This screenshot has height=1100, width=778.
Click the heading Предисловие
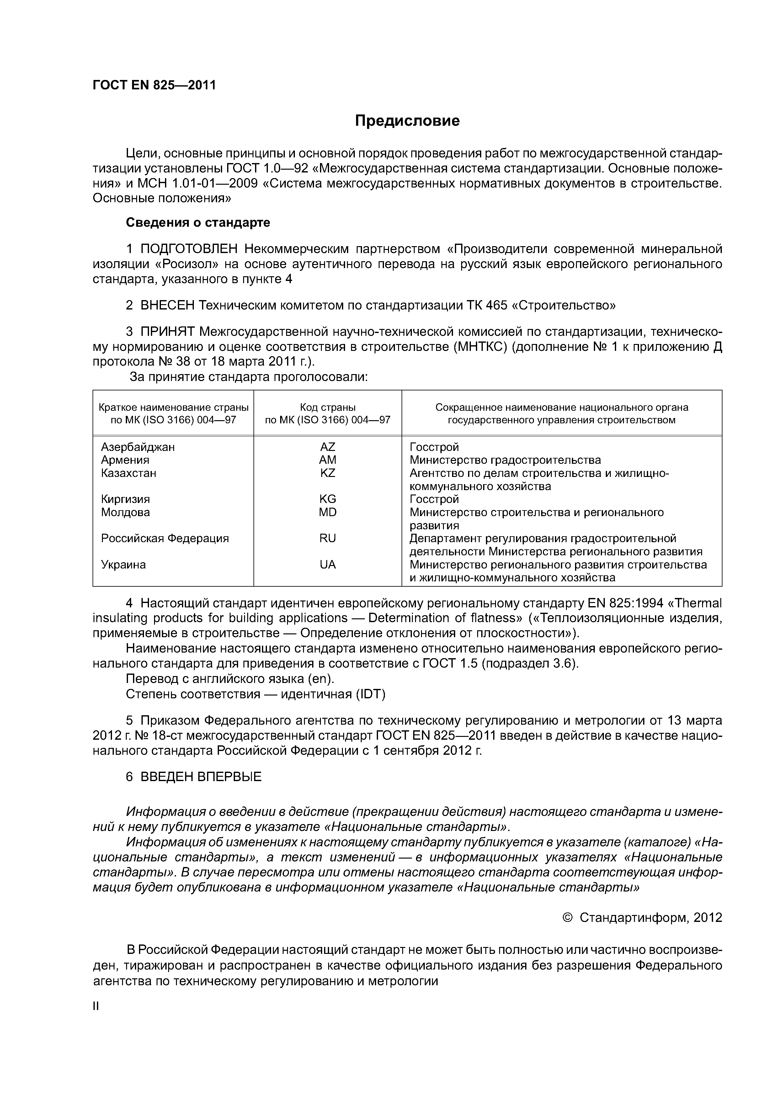pyautogui.click(x=407, y=121)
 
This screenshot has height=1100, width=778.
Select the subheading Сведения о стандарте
pyautogui.click(x=198, y=222)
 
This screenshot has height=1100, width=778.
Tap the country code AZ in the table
pyautogui.click(x=328, y=447)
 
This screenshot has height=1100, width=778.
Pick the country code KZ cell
pyautogui.click(x=328, y=473)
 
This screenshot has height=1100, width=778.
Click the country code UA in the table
pyautogui.click(x=328, y=564)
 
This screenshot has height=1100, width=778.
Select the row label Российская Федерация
pyautogui.click(x=165, y=538)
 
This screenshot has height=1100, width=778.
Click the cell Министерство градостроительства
pyautogui.click(x=505, y=460)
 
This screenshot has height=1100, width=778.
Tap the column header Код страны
pyautogui.click(x=328, y=407)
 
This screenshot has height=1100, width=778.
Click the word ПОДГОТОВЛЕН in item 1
pyautogui.click(x=189, y=249)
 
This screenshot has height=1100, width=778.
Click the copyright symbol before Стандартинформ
pyautogui.click(x=567, y=918)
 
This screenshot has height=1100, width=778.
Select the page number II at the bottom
pyautogui.click(x=95, y=1006)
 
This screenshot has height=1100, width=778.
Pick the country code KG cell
pyautogui.click(x=328, y=499)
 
